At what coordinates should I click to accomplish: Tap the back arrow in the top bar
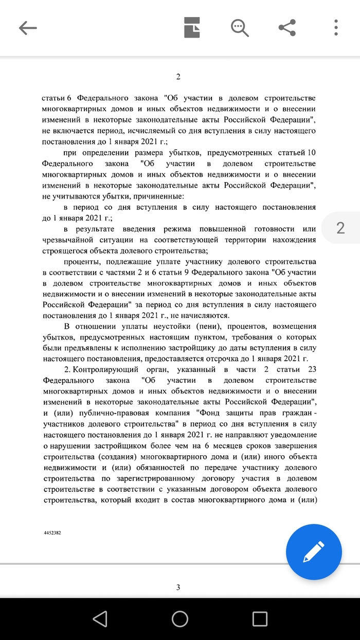coord(28,28)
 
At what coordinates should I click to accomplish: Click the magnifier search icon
coord(240,28)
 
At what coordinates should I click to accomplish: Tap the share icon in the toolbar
coord(287,28)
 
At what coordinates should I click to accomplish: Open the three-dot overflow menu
coord(335,28)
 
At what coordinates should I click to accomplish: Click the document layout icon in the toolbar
coord(192,28)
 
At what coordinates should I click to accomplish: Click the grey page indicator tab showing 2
coord(340,228)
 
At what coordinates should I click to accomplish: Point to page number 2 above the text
coord(178,77)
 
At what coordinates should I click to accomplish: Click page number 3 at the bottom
coord(178,588)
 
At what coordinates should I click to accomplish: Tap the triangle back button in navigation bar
coord(100,618)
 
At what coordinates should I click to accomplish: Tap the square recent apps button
coord(260,618)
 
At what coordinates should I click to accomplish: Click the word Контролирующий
coord(104,370)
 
